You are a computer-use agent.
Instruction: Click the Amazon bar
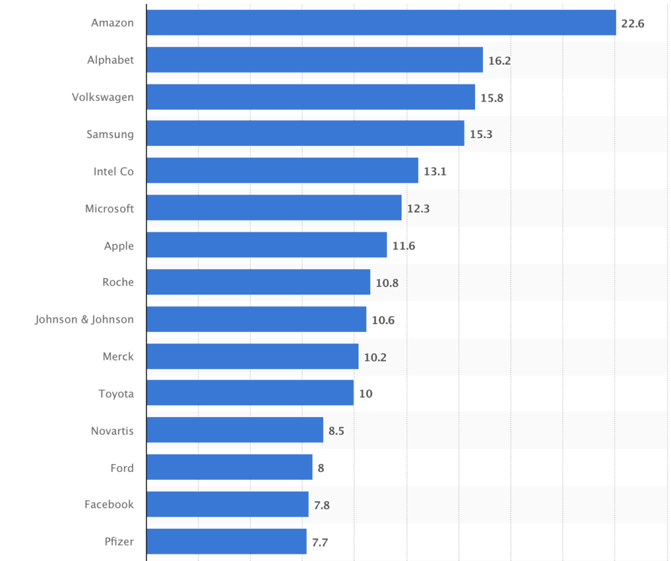click(x=381, y=23)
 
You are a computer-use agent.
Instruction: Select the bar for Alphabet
click(x=315, y=60)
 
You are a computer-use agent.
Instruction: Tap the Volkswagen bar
click(x=311, y=97)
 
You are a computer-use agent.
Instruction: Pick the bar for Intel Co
click(x=282, y=171)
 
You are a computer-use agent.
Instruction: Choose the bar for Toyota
click(x=250, y=393)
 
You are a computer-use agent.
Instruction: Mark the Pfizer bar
click(x=226, y=541)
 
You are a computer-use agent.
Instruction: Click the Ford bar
click(x=229, y=467)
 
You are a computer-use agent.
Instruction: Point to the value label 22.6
click(x=633, y=24)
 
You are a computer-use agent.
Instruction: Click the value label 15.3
click(x=481, y=134)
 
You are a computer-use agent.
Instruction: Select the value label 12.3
click(x=418, y=209)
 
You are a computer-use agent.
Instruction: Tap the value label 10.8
click(x=387, y=283)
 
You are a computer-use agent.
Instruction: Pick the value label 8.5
click(x=337, y=431)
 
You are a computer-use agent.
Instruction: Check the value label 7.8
click(x=322, y=505)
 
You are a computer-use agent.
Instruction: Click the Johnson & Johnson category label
click(x=85, y=319)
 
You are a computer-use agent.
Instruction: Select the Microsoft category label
click(x=109, y=208)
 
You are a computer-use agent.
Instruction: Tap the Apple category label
click(x=119, y=245)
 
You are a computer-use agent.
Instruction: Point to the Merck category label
click(x=118, y=356)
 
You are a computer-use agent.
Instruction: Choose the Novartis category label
click(x=112, y=431)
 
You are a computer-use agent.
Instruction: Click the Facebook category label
click(x=109, y=504)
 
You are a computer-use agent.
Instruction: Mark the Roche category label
click(x=118, y=282)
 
